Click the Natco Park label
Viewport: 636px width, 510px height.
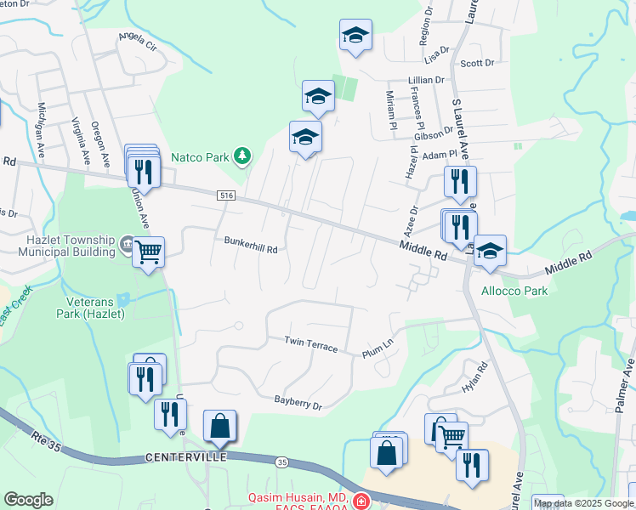click(201, 156)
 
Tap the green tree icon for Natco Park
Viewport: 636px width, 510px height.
click(243, 156)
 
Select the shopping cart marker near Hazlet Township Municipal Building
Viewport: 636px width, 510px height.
click(148, 252)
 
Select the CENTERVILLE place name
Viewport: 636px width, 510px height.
click(185, 457)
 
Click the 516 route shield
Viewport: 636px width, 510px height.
click(225, 195)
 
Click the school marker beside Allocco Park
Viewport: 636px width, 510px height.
click(489, 251)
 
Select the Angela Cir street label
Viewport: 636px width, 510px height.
click(138, 38)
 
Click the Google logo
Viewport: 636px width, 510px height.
click(28, 500)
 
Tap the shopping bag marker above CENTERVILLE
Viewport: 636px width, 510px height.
click(219, 427)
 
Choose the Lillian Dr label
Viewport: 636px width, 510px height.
click(427, 80)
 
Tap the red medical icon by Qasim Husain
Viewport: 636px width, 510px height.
click(361, 500)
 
